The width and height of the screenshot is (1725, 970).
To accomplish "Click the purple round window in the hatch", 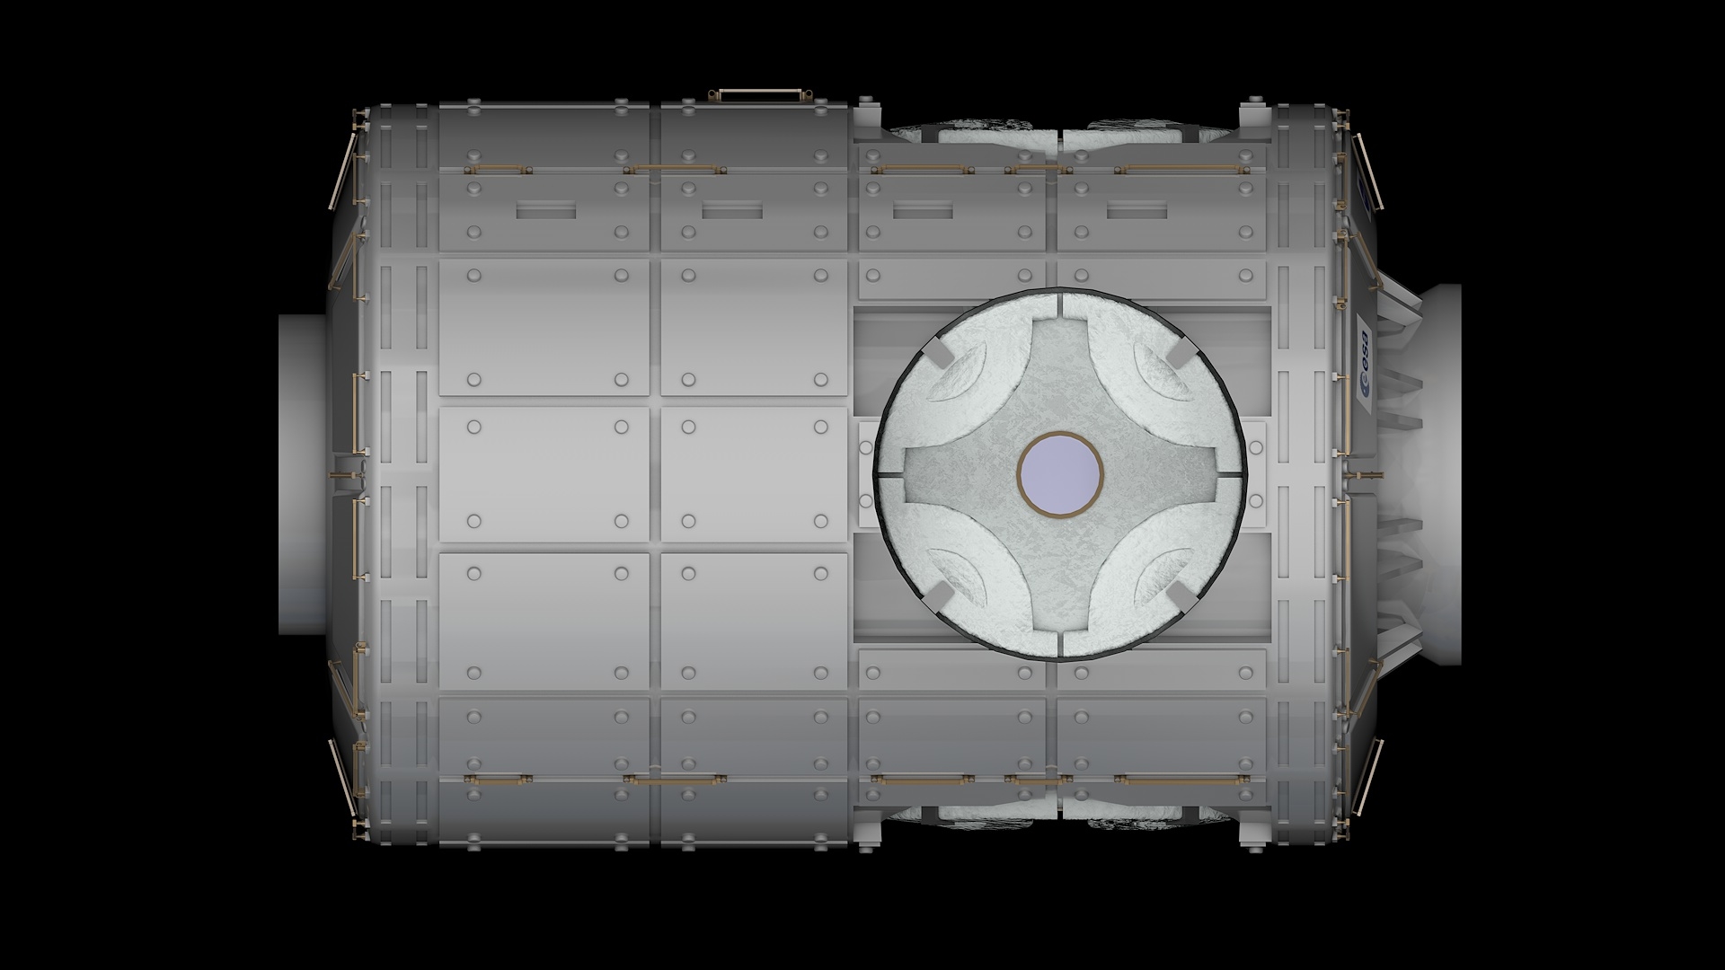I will click(x=1060, y=474).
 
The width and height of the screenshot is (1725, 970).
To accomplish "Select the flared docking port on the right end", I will click(x=1436, y=474).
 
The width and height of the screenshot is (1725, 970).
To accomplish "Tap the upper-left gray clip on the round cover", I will click(x=939, y=354).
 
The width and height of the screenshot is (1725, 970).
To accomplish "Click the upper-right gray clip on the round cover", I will click(x=1180, y=354).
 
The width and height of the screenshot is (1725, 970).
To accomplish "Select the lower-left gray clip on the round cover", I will click(x=939, y=593).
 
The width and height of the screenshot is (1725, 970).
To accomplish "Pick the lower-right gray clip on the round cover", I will click(x=1180, y=593).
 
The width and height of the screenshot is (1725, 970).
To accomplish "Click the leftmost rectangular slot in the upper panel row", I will click(x=546, y=211).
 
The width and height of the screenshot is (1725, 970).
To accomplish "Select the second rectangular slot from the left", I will click(x=732, y=211).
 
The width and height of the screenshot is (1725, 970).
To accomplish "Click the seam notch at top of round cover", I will click(x=1060, y=303).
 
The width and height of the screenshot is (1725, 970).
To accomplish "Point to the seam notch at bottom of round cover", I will click(x=1060, y=646).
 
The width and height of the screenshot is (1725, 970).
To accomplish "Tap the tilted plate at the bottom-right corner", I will click(x=1370, y=777).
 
